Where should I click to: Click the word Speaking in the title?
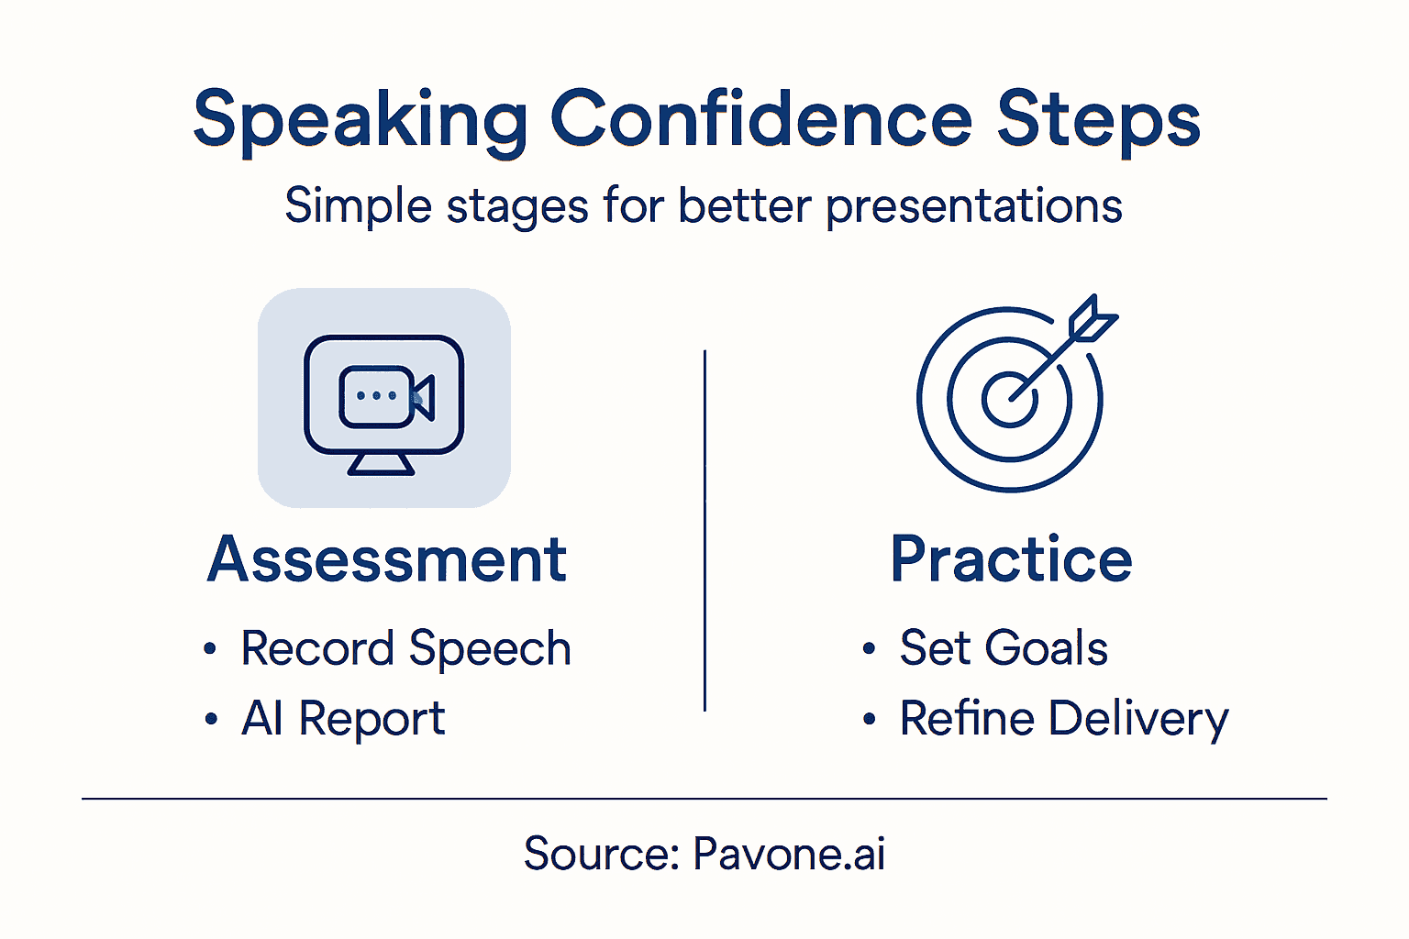[x=361, y=120]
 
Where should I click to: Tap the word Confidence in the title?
[x=760, y=118]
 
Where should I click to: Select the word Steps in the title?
[x=1098, y=120]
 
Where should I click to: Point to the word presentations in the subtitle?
[x=973, y=205]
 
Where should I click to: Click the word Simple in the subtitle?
[x=358, y=205]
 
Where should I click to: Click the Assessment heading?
[x=387, y=559]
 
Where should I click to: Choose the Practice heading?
[x=1011, y=559]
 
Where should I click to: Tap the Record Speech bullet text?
[x=405, y=649]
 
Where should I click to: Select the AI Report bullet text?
[x=343, y=718]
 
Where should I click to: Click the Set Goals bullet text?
[x=1004, y=648]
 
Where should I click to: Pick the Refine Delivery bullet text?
[x=1063, y=718]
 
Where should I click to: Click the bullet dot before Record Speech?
[x=210, y=650]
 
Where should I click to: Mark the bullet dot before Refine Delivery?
[x=869, y=720]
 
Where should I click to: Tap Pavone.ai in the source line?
[x=789, y=854]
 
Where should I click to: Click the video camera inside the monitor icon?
[x=386, y=397]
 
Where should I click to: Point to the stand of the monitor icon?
[x=381, y=464]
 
